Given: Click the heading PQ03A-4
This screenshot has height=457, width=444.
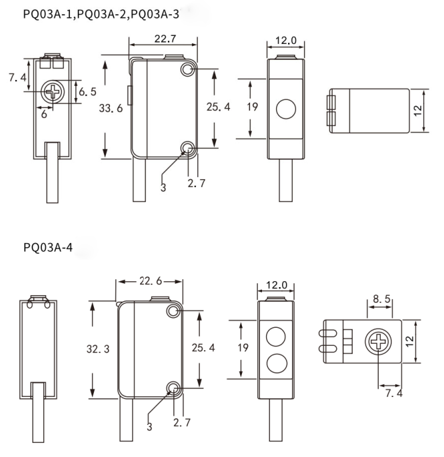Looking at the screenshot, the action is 48,247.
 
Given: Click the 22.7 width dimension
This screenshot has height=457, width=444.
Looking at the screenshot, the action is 165,39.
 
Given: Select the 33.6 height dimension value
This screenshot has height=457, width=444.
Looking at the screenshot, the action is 111,108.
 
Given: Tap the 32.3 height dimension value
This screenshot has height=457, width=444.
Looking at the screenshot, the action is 98,349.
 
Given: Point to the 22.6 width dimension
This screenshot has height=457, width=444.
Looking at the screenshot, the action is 151,281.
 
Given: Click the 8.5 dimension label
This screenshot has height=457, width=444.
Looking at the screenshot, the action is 381,298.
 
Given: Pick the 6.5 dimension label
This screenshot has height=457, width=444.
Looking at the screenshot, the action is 87,91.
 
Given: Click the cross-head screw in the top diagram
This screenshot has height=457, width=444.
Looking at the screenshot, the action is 52,91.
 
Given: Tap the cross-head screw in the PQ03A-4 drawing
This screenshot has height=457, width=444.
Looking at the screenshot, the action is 379,342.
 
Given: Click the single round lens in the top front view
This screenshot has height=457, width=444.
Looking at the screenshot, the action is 286,109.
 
